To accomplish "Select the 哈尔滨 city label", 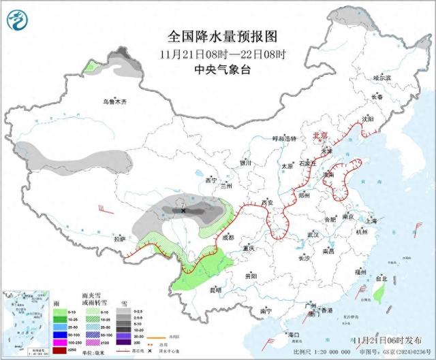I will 384,78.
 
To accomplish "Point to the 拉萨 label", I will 121,239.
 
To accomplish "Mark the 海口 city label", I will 294,335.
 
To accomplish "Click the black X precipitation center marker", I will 183,211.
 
